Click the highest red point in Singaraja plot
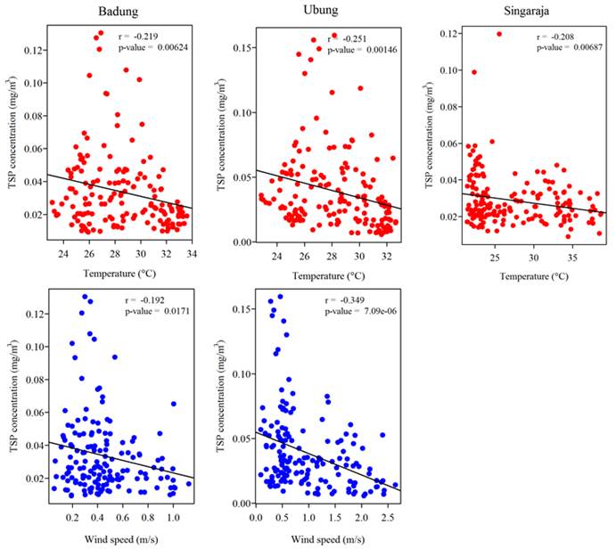pyautogui.click(x=498, y=34)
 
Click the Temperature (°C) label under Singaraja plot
pyautogui.click(x=520, y=276)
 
